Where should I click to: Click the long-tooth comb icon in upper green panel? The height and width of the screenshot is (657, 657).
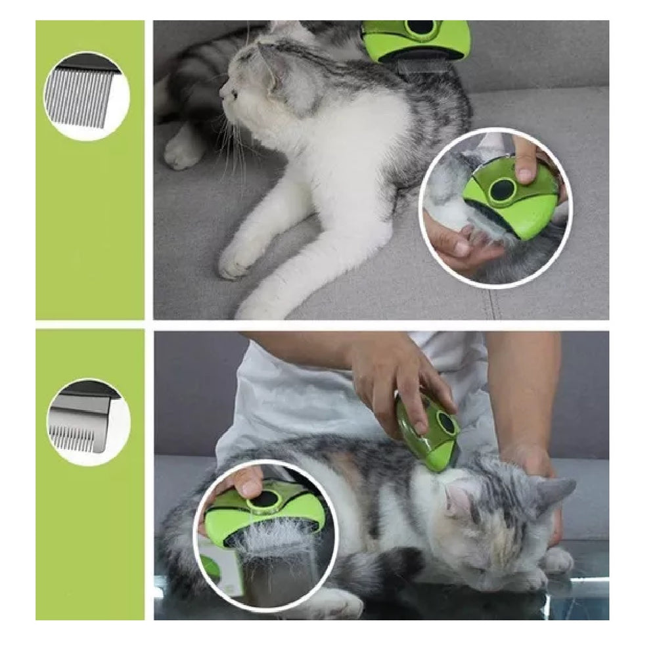pos(86,96)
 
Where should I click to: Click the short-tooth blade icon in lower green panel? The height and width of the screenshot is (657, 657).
pos(87,421)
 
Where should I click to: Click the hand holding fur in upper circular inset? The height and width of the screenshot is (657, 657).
pos(453,237)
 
